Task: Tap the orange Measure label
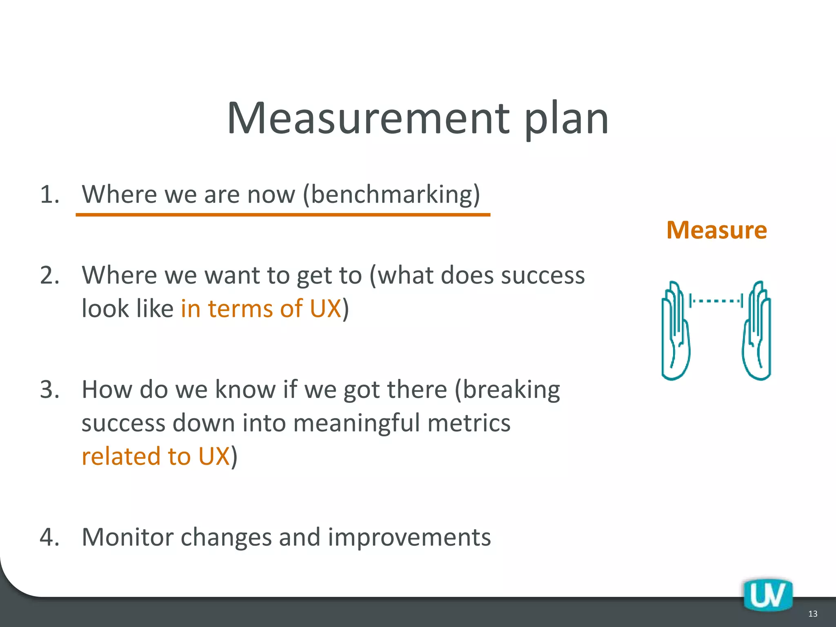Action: tap(716, 230)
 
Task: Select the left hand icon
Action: tap(676, 331)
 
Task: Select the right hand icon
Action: tap(756, 331)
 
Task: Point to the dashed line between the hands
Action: tap(716, 301)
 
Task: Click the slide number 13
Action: tap(812, 614)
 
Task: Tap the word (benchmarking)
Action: tap(391, 194)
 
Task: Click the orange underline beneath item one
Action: tap(283, 214)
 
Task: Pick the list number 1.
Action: tap(49, 194)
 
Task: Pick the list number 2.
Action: tap(49, 275)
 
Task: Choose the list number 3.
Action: tap(49, 389)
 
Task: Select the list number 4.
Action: tap(49, 537)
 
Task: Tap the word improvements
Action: tap(409, 537)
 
